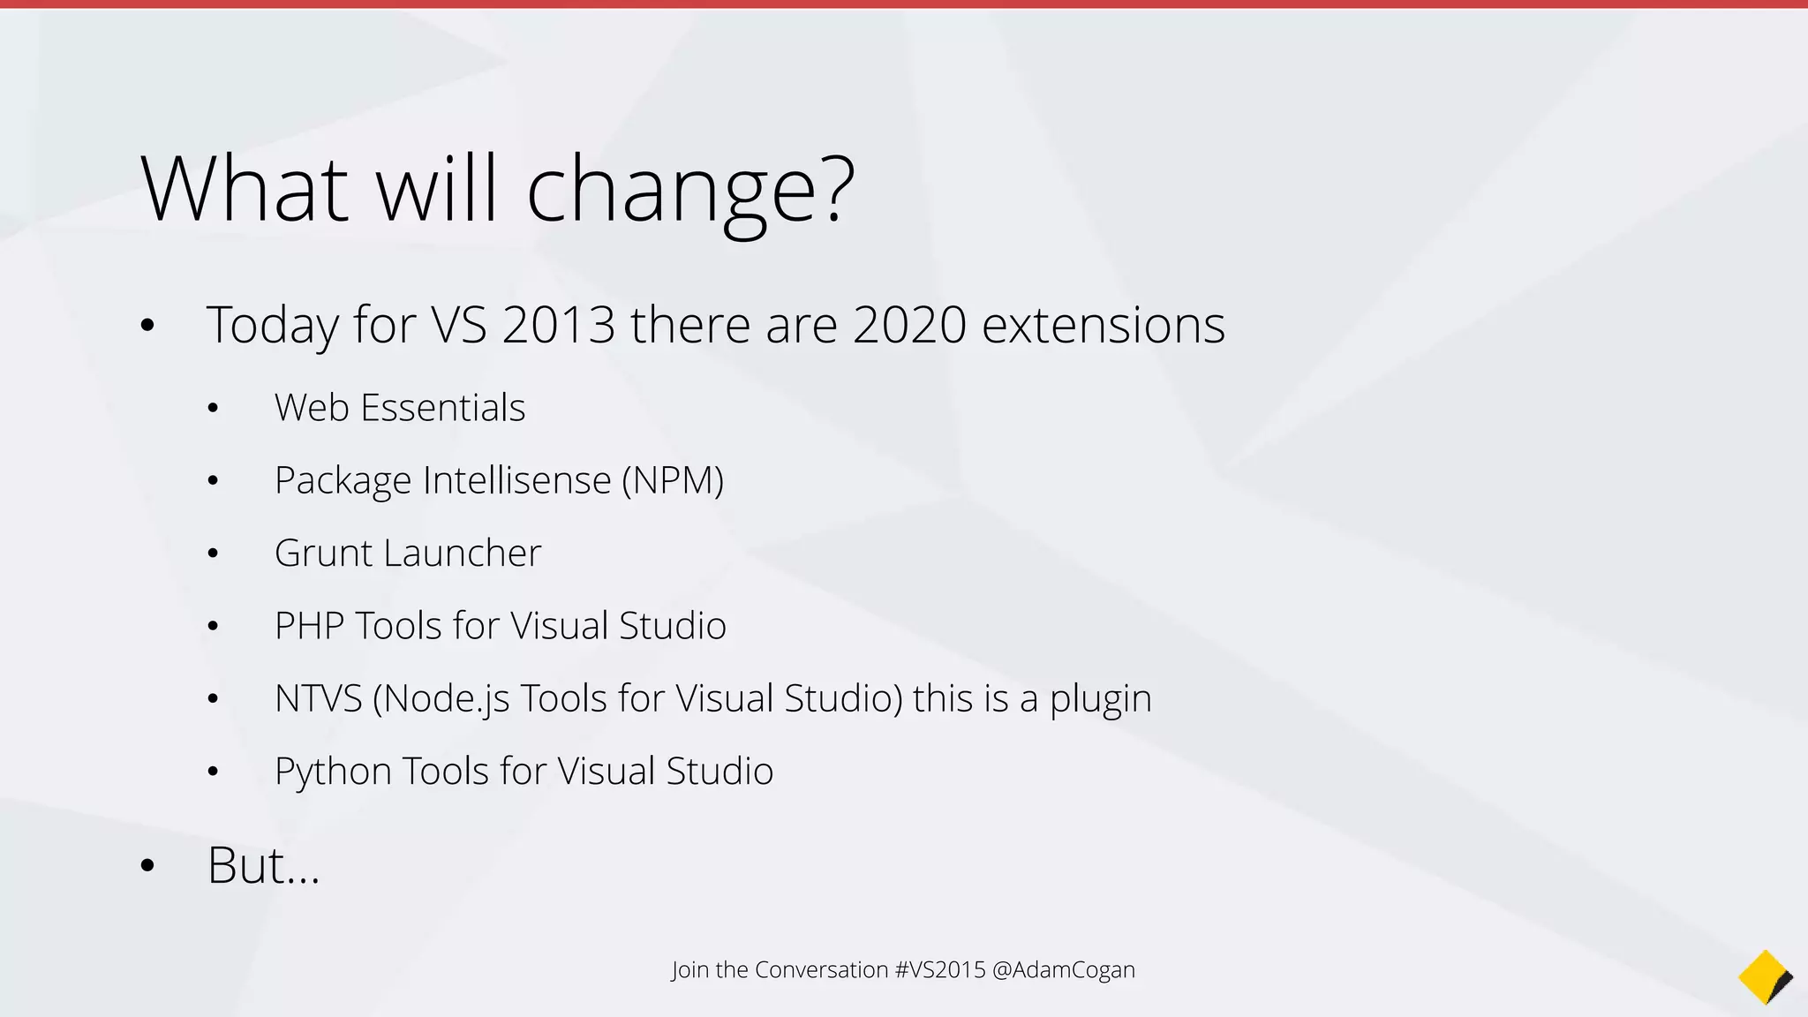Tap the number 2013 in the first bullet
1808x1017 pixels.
[558, 325]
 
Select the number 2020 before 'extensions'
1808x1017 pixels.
[909, 325]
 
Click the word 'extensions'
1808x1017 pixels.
[1104, 325]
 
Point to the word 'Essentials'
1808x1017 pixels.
[443, 408]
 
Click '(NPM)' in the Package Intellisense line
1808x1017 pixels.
[673, 481]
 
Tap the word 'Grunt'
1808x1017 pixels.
[324, 554]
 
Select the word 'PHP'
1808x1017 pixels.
[309, 626]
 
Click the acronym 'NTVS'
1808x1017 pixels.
[318, 698]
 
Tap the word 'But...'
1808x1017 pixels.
[263, 865]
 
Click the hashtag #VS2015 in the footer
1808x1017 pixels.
[939, 970]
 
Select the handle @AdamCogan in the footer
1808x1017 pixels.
[1064, 970]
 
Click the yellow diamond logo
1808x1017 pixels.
[1764, 977]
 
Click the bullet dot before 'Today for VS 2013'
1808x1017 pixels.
[147, 326]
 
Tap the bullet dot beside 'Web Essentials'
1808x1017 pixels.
[213, 409]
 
